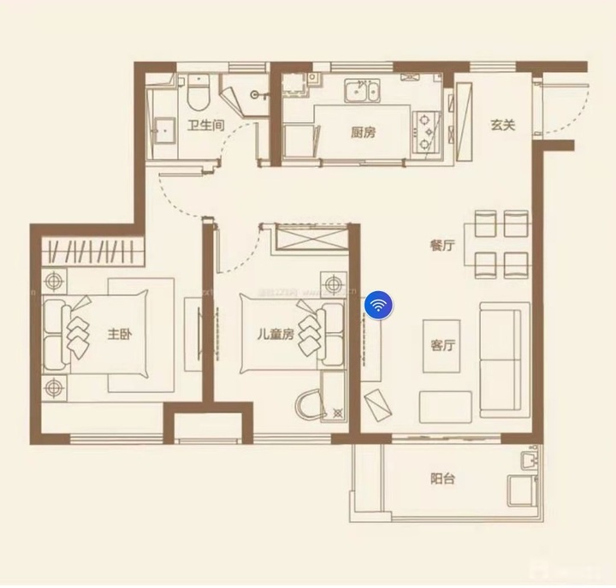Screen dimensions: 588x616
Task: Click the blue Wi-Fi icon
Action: [x=378, y=304]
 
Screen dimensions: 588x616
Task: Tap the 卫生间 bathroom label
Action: [x=206, y=126]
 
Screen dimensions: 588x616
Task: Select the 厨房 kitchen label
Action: [x=363, y=132]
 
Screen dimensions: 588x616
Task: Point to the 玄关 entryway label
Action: [x=503, y=125]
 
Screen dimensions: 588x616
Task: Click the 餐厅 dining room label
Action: [x=441, y=246]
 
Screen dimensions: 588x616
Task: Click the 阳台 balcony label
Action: [x=441, y=478]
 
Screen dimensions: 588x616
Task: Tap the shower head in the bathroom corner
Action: [x=255, y=94]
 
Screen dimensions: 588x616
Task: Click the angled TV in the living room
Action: [x=376, y=404]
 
